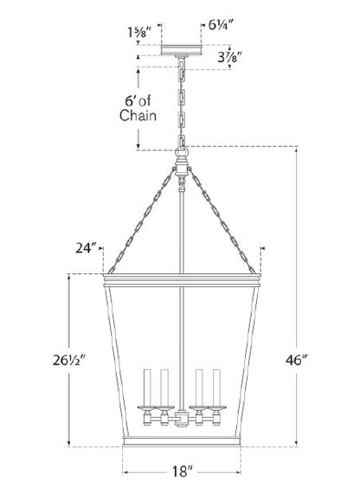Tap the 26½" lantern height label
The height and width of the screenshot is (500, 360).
69,361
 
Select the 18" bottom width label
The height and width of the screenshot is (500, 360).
183,471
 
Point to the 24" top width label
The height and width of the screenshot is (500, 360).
86,248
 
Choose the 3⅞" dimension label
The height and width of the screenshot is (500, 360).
229,57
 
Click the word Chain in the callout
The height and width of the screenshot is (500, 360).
138,115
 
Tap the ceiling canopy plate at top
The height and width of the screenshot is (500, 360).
181,50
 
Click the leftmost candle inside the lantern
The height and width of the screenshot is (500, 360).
147,388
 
